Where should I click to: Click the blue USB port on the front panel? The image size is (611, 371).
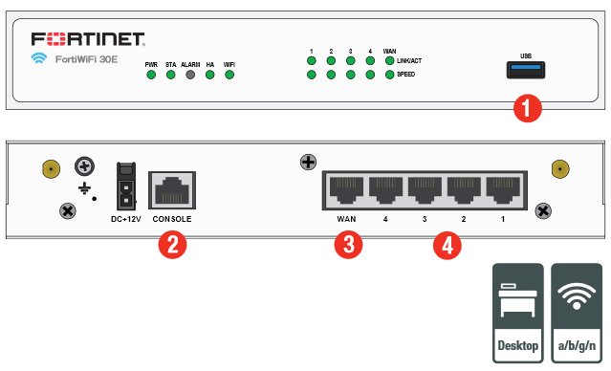(526, 70)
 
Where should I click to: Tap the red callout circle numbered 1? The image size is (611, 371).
(528, 108)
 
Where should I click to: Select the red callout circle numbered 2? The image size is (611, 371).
(172, 245)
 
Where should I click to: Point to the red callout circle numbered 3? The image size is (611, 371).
(348, 245)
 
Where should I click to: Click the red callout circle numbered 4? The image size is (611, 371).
(447, 246)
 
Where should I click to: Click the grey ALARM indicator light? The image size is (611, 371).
(190, 75)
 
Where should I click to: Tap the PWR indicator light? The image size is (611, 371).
(151, 75)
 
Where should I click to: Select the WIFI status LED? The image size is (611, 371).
(229, 75)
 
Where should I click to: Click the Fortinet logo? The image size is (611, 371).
(88, 39)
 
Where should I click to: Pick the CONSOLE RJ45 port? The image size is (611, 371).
(172, 190)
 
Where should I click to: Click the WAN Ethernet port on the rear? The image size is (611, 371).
(346, 190)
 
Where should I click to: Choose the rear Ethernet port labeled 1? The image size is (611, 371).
(503, 190)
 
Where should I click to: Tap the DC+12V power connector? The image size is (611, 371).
(126, 186)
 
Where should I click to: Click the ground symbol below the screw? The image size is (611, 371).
(84, 189)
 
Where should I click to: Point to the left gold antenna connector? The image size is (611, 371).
(51, 169)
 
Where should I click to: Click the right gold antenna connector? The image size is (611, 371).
(560, 169)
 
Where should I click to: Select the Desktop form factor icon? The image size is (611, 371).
(518, 313)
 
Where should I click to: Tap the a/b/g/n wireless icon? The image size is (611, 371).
(577, 313)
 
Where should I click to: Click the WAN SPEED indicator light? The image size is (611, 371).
(390, 75)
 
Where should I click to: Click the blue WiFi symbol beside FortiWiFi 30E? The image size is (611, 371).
(39, 58)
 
